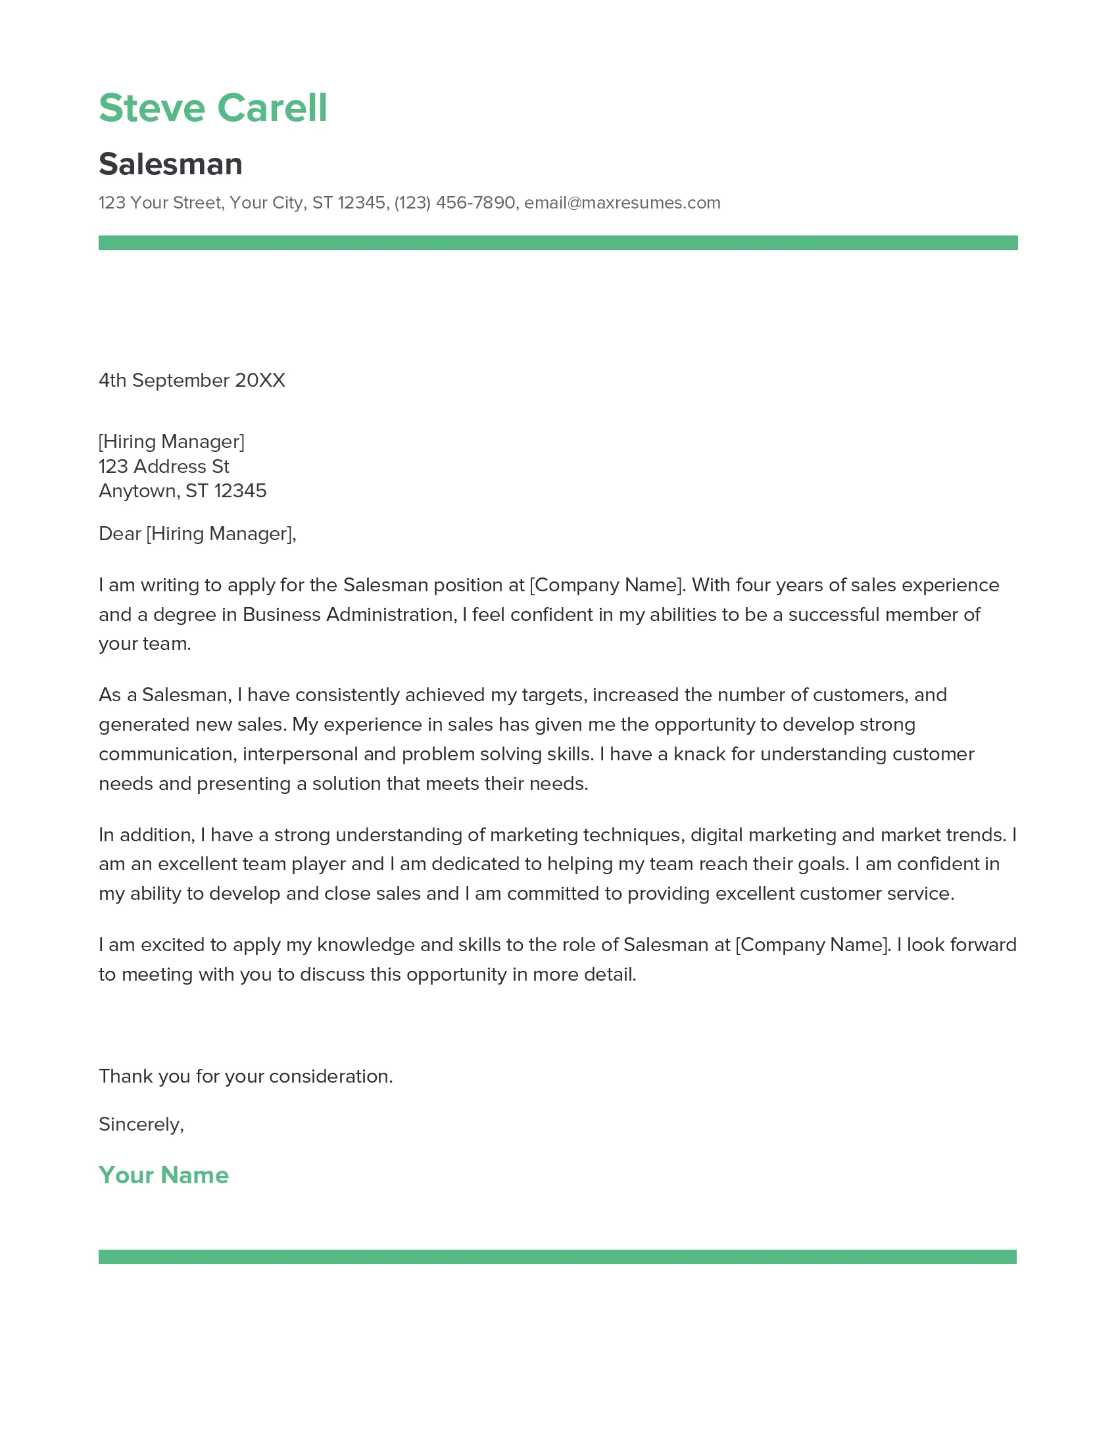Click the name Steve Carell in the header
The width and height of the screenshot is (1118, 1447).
coord(212,108)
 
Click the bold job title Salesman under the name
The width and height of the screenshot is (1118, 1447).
coord(170,164)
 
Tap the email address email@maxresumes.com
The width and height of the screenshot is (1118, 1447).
coord(622,203)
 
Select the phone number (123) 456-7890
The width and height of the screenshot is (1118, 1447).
coord(454,203)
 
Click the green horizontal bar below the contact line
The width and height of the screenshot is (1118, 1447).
coord(558,243)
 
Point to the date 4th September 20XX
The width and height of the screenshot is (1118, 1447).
coord(191,380)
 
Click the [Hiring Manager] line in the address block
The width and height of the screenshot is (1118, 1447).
coord(172,441)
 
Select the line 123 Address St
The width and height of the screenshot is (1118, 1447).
coord(164,466)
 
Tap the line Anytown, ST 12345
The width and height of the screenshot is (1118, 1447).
coord(182,491)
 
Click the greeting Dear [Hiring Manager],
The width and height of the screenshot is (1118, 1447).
coord(197,533)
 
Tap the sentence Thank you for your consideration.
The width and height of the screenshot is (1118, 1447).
coord(246,1076)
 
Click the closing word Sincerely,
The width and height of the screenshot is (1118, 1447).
coord(141,1124)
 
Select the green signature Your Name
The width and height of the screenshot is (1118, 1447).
coord(164,1175)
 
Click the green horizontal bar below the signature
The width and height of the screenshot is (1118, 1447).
coord(558,1257)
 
